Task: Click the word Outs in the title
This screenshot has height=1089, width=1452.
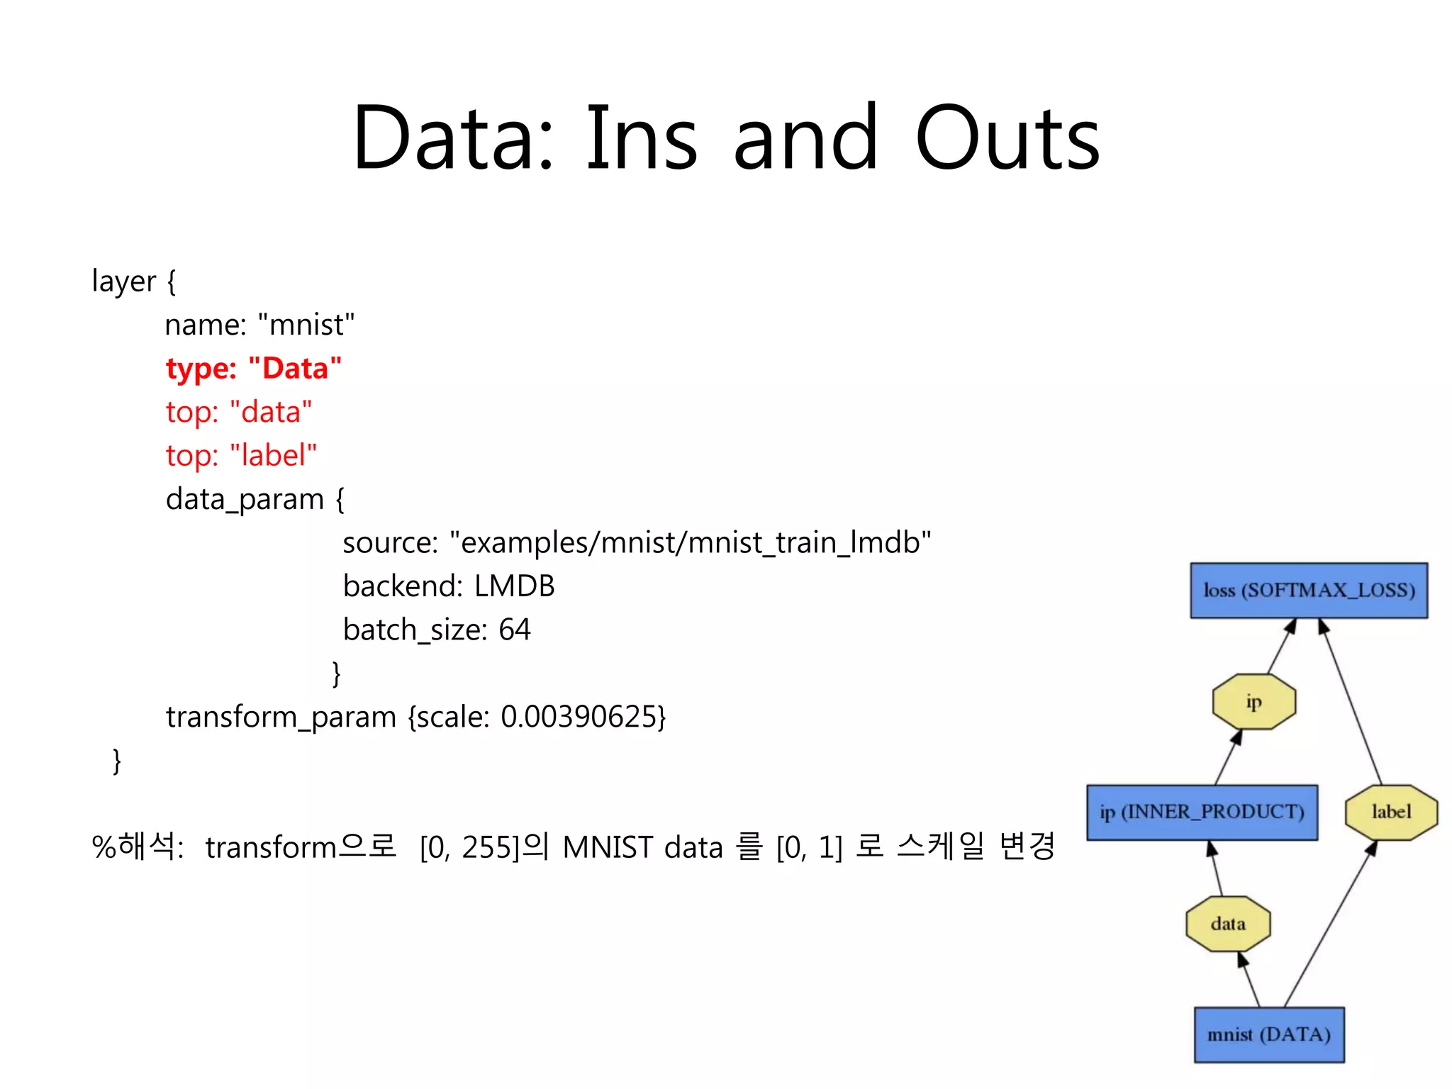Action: tap(1007, 138)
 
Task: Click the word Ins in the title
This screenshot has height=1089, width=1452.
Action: tap(642, 138)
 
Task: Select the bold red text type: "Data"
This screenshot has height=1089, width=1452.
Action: tap(253, 369)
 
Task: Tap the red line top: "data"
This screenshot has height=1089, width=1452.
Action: tap(239, 412)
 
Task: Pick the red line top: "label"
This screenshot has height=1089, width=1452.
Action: tap(241, 455)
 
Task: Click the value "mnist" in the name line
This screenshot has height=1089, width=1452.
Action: tap(306, 325)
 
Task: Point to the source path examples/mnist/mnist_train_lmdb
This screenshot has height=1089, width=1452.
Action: tap(695, 543)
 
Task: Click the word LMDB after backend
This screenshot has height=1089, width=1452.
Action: tap(514, 586)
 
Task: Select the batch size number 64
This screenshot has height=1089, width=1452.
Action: tap(514, 630)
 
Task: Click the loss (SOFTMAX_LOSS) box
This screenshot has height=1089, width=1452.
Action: tap(1308, 591)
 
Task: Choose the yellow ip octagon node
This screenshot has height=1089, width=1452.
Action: tap(1253, 702)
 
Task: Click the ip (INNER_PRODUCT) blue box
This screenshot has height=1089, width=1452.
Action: tap(1202, 812)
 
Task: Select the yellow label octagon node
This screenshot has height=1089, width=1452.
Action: tap(1391, 812)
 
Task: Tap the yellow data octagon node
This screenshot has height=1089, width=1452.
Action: tap(1228, 923)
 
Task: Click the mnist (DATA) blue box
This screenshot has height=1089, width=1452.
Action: tap(1268, 1034)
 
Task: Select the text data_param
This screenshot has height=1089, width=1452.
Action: tap(245, 500)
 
